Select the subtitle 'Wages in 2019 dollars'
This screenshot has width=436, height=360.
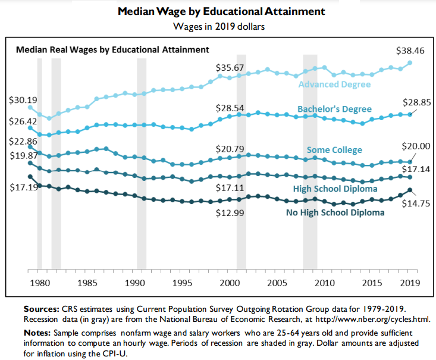(x=218, y=26)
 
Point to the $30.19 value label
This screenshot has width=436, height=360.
(x=22, y=100)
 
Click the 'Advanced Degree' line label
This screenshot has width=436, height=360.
(x=334, y=84)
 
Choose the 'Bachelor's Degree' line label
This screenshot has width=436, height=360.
(x=334, y=109)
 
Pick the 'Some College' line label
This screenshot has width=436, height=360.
(x=334, y=149)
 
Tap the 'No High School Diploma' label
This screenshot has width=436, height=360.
(x=335, y=212)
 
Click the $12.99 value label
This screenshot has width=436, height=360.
(x=230, y=213)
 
